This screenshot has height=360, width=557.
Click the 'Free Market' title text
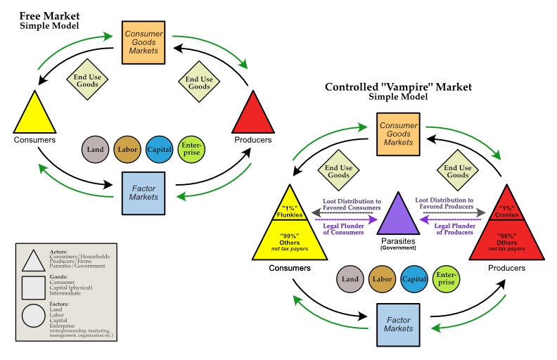point(49,15)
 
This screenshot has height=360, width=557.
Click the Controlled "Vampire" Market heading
point(398,87)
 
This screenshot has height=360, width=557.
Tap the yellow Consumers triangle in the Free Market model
point(34,115)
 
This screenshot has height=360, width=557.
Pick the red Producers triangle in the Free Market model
point(252,115)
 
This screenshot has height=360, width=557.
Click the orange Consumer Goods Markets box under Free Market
point(143,41)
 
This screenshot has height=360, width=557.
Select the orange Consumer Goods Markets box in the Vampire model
point(398,132)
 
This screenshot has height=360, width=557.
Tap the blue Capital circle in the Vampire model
point(415,278)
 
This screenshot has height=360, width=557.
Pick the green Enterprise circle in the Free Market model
point(191,149)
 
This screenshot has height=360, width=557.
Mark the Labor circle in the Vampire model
point(383,278)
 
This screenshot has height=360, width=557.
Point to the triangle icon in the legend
point(35,261)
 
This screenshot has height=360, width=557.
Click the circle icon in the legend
point(35,314)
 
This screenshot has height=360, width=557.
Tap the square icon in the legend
point(35,288)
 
